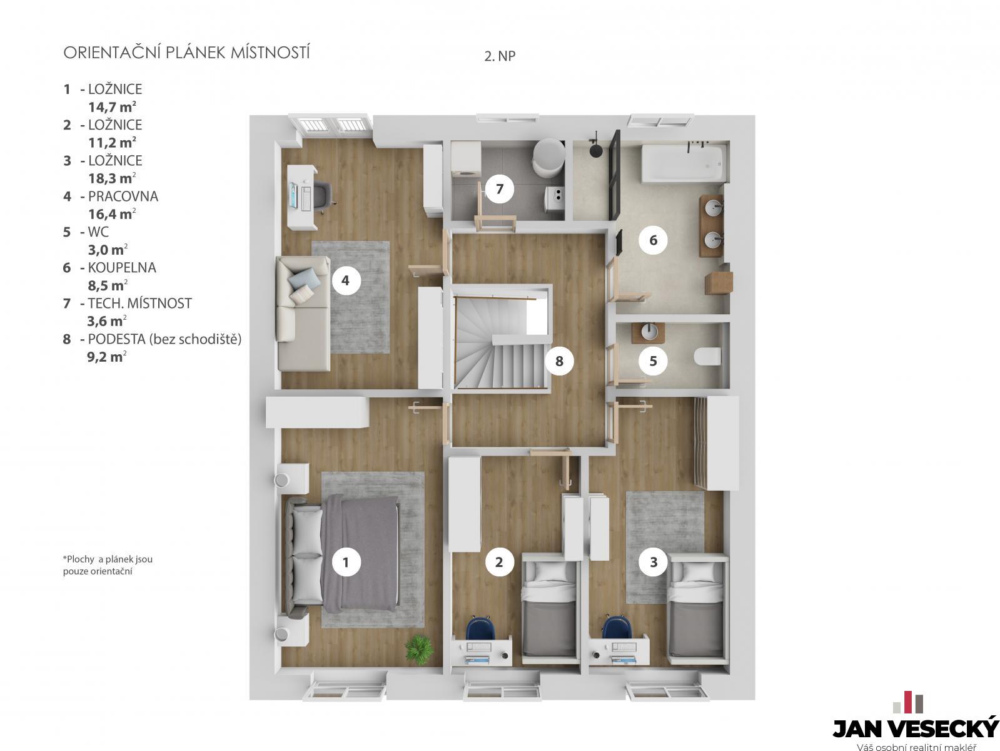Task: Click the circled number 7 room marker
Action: [499, 188]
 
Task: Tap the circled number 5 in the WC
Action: [653, 361]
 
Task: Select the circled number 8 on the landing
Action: [559, 361]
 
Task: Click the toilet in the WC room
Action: [707, 356]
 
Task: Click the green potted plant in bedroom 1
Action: [419, 649]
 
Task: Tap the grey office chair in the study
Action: [323, 195]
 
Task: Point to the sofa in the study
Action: [303, 313]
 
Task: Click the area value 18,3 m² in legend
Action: [112, 178]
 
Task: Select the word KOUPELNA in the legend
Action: [122, 267]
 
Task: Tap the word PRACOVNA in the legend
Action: [123, 197]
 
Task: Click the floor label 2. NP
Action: [500, 56]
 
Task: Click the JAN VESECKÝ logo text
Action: [916, 728]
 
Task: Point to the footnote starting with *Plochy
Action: [108, 565]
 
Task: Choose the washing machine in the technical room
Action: [467, 159]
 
